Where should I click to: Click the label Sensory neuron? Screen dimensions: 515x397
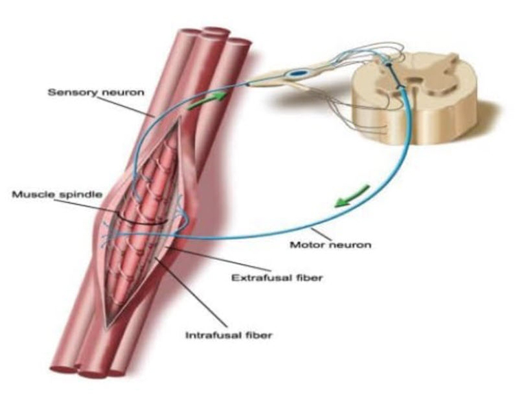[96, 92]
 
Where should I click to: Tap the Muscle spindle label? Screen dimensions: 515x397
[57, 195]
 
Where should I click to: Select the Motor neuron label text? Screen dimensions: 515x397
[330, 244]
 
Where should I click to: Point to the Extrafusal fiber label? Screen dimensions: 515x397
[277, 278]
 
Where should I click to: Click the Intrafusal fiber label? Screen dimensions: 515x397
[229, 335]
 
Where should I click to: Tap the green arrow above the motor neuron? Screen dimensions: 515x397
[352, 196]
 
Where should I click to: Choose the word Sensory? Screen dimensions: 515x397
[72, 92]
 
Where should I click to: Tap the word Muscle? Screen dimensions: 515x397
[34, 194]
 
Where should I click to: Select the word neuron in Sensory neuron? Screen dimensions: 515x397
[122, 93]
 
